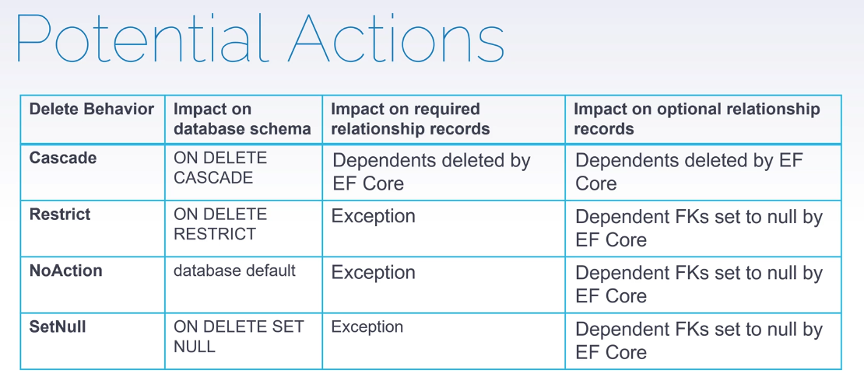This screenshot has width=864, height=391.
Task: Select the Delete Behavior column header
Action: point(92,109)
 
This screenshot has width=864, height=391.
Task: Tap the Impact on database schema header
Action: point(242,120)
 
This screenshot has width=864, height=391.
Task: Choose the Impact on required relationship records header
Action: point(410,120)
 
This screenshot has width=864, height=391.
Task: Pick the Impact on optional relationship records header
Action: point(697,120)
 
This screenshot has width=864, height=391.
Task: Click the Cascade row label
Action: point(63,158)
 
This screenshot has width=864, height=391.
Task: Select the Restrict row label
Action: point(60,214)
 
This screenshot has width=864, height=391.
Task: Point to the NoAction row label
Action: point(65,271)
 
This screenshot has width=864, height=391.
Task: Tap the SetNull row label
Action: point(58,327)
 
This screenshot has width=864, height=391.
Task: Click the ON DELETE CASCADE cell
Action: point(220,168)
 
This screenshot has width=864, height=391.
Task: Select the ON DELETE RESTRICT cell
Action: point(220,224)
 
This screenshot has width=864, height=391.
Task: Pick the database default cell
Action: point(235,271)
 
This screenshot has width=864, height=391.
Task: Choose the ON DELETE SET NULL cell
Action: point(239,337)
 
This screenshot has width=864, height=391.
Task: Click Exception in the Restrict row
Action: point(374,216)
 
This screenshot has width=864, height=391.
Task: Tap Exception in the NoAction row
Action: point(374,273)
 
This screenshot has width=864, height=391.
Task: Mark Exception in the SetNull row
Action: point(367,327)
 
